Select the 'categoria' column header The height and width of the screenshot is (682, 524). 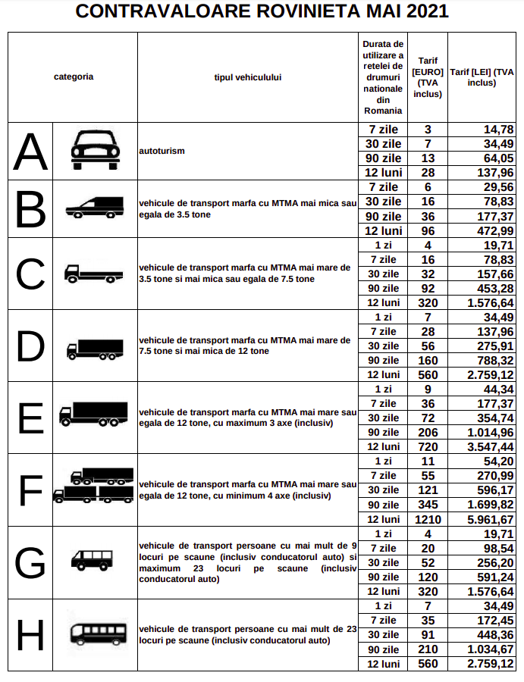pos(74,77)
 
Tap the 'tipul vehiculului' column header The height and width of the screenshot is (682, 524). pos(248,77)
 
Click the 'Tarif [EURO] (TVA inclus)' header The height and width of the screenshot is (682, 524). pos(427,77)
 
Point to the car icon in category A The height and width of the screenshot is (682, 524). pos(95,150)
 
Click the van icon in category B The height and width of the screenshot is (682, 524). pos(95,208)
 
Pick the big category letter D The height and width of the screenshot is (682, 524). pos(30,346)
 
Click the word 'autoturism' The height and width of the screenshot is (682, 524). pos(162,151)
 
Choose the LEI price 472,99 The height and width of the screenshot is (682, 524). pos(495,230)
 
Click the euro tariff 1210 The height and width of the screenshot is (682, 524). pos(428,519)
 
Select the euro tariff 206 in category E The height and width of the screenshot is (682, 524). pos(428,433)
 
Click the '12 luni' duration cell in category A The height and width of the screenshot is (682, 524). pos(384,173)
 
